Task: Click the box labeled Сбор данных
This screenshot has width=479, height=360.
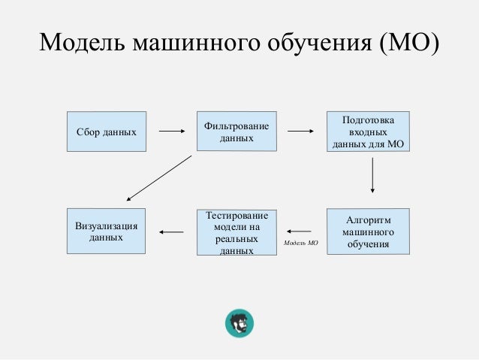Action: (107, 132)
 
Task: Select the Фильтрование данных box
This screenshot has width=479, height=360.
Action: (236, 132)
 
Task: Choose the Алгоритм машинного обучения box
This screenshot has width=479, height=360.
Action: (368, 231)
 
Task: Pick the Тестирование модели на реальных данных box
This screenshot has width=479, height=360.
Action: (236, 232)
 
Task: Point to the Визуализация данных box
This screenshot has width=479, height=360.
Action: (107, 231)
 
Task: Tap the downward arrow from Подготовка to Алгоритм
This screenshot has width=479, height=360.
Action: (372, 180)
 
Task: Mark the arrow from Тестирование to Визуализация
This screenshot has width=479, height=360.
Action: (172, 231)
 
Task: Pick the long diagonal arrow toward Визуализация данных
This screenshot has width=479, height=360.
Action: (159, 178)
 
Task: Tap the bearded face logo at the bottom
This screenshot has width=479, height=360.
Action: (240, 323)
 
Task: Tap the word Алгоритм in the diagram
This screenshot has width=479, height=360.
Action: (368, 219)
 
